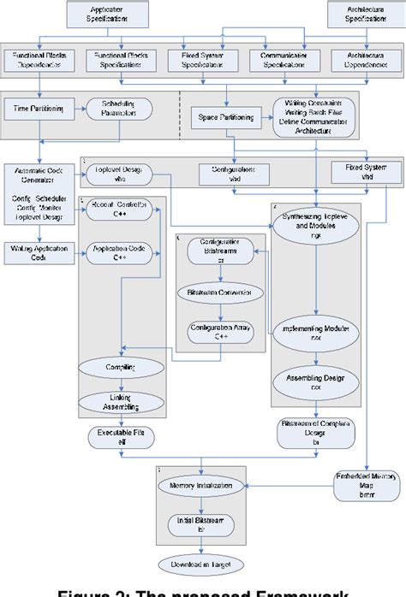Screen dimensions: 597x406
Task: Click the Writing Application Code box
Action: coord(35,251)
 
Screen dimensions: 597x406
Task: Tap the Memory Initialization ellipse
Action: coord(203,486)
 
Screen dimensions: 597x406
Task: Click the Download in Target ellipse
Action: coord(203,564)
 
